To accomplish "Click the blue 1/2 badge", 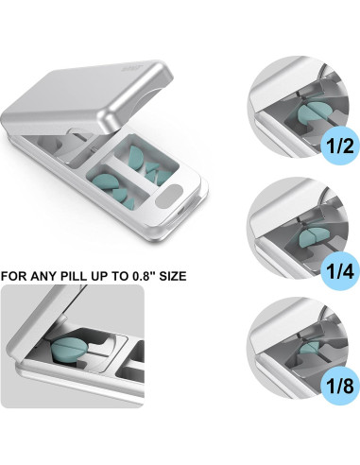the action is pyautogui.click(x=340, y=146).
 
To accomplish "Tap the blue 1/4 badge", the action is pyautogui.click(x=340, y=271).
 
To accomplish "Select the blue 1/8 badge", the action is pyautogui.click(x=340, y=386).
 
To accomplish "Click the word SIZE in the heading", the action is pyautogui.click(x=173, y=276).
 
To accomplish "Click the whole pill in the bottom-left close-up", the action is pyautogui.click(x=69, y=352).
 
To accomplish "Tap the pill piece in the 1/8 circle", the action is pyautogui.click(x=310, y=349).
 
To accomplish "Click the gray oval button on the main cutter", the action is pyautogui.click(x=169, y=197).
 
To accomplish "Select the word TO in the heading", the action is pyautogui.click(x=118, y=276).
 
